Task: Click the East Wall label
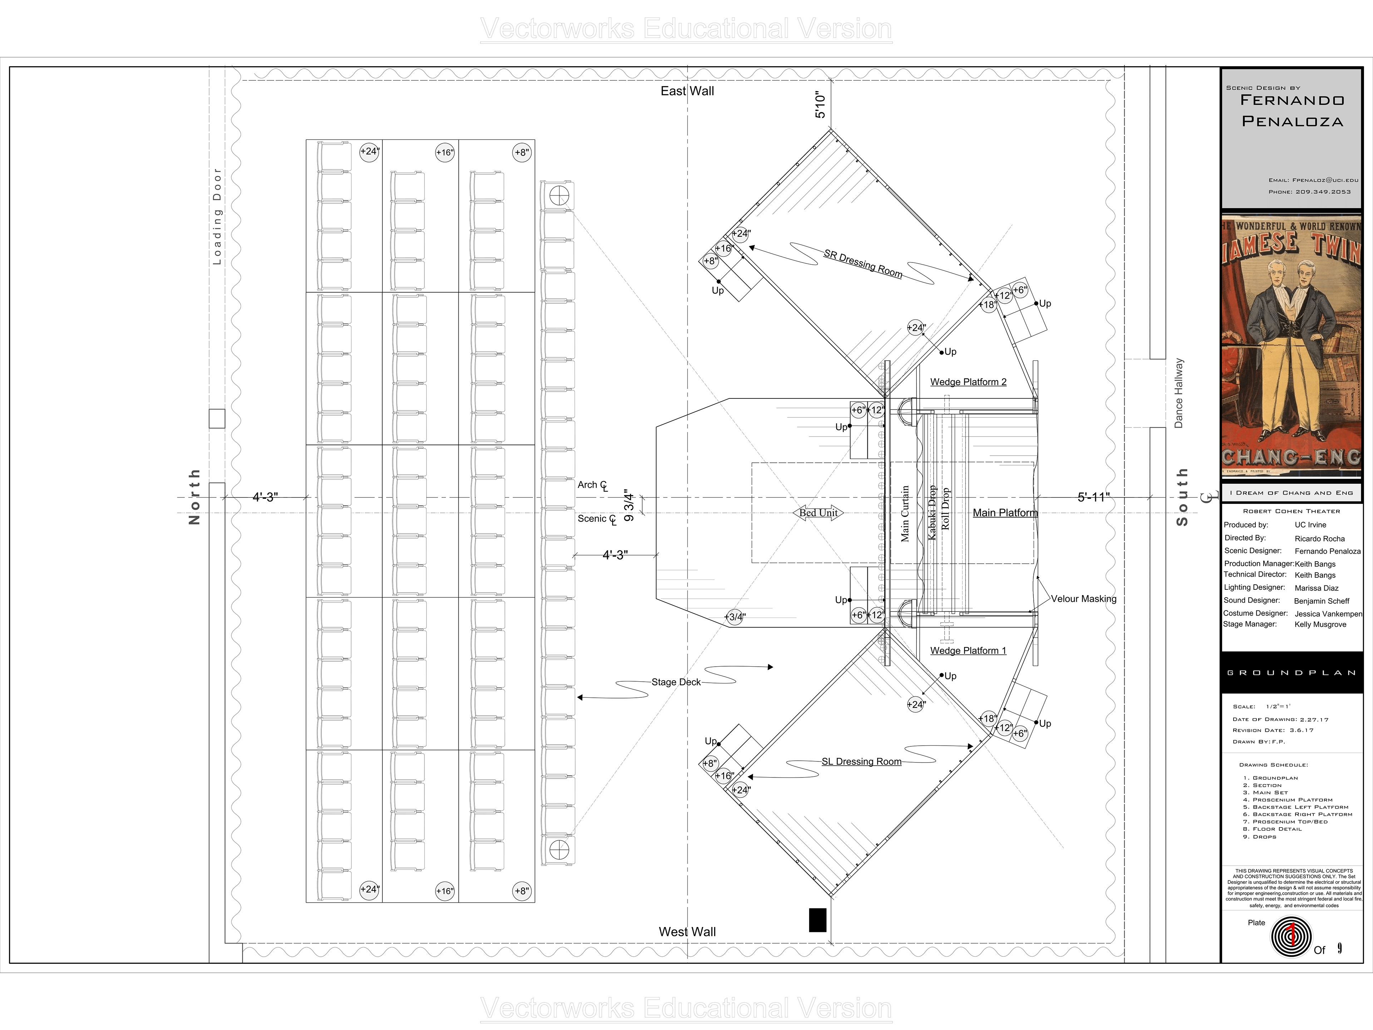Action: (x=687, y=91)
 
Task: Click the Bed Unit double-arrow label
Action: (x=818, y=513)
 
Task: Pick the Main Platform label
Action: (x=1004, y=513)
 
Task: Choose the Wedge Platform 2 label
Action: (x=968, y=382)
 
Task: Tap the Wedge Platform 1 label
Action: (x=968, y=650)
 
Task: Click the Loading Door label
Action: (x=217, y=216)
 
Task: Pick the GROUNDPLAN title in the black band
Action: (x=1291, y=673)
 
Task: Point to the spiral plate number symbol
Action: (x=1291, y=937)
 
